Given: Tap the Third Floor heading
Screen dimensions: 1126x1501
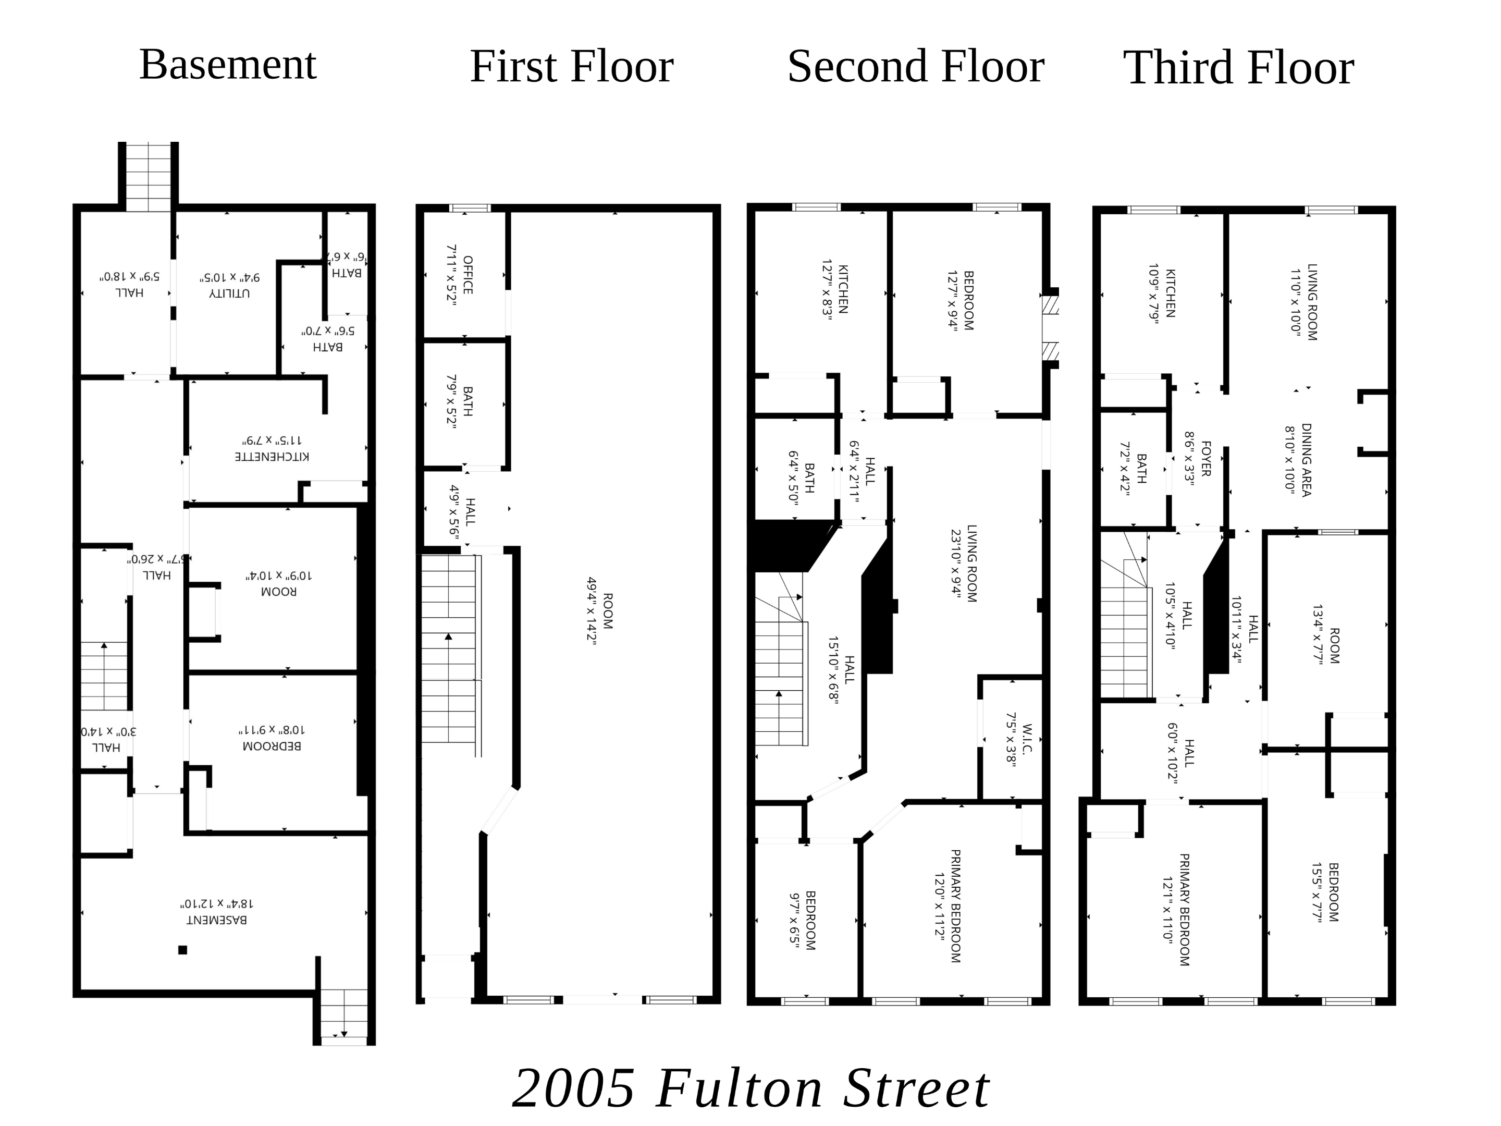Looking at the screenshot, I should [x=1238, y=69].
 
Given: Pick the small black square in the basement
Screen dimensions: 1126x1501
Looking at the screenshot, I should [x=182, y=950].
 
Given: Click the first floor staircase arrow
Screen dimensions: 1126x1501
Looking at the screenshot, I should [x=449, y=637].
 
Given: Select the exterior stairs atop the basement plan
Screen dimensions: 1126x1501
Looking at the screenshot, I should [x=149, y=177].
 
